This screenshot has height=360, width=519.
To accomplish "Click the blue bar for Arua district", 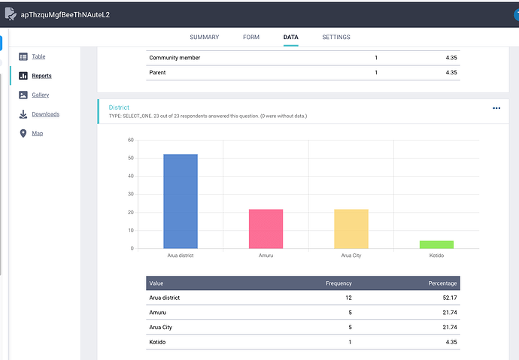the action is [x=181, y=201].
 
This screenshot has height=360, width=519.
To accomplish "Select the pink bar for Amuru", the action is [x=266, y=228].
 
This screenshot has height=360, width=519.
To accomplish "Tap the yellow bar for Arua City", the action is [x=351, y=228].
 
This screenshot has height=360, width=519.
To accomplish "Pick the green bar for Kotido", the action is [x=436, y=244].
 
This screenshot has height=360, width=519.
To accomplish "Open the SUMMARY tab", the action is [x=205, y=37].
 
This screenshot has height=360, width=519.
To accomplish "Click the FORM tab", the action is [x=251, y=37].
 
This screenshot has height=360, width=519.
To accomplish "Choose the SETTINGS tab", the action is [x=336, y=37].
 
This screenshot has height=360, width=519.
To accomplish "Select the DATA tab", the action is [x=290, y=37].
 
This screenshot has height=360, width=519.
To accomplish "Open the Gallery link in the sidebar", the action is [x=41, y=95].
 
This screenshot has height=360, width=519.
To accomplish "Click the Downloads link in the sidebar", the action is [x=46, y=114].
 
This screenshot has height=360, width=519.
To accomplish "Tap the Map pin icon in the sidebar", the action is [x=23, y=133].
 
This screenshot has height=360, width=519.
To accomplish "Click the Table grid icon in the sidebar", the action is [x=23, y=56].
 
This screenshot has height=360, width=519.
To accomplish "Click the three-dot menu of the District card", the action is [x=496, y=108].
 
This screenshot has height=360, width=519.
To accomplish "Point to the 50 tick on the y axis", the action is [x=131, y=158].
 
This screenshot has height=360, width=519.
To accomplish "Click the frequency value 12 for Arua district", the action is [x=348, y=298].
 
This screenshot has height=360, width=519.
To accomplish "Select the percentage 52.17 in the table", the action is [x=450, y=298].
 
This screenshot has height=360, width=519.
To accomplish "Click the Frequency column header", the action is [x=338, y=283].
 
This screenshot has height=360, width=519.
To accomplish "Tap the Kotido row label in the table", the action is [x=157, y=342].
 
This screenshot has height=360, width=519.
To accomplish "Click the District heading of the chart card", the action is [x=119, y=107].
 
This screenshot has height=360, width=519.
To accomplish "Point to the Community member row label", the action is [x=175, y=58].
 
